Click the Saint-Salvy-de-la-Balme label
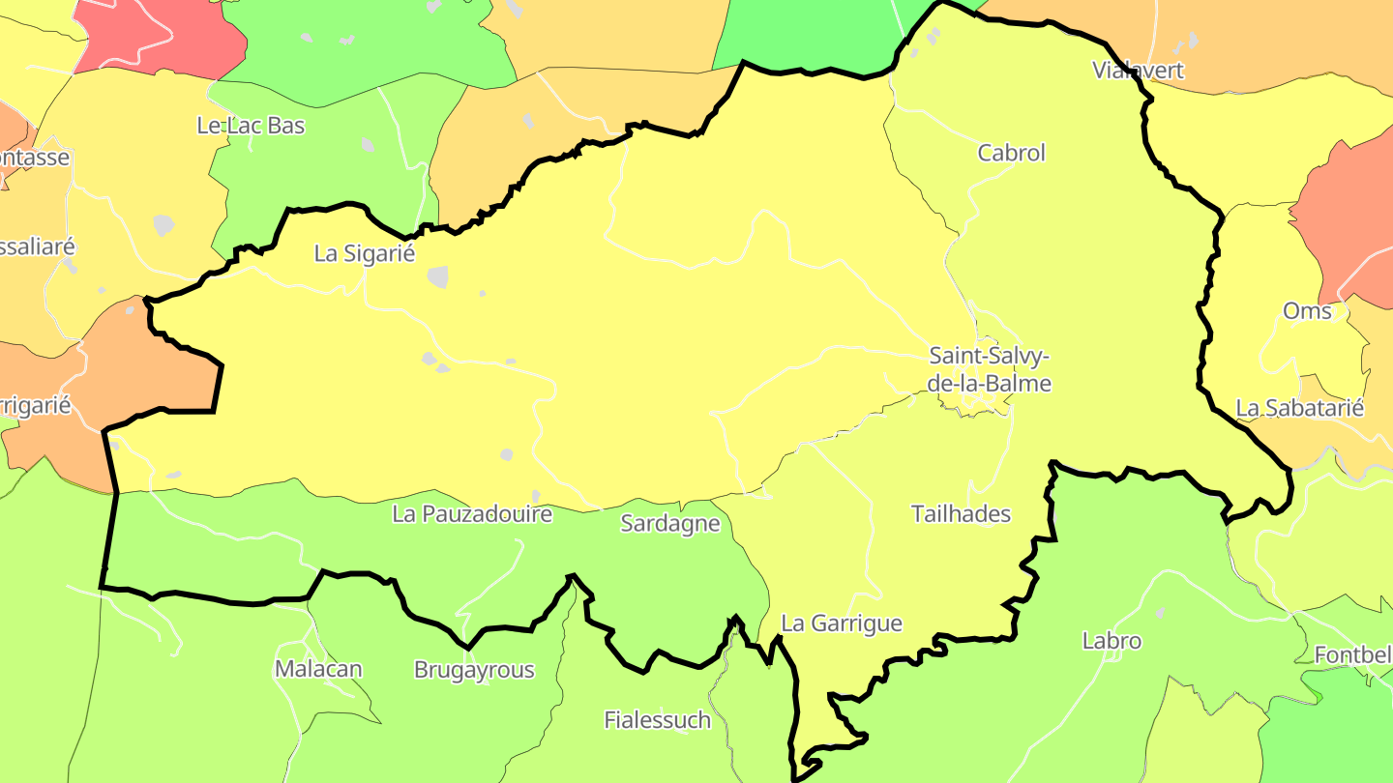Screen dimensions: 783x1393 click(x=990, y=369)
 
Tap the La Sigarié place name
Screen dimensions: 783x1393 click(x=364, y=253)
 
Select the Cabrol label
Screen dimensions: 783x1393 click(x=1011, y=153)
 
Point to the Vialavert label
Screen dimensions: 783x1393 click(x=1138, y=70)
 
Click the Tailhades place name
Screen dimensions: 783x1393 click(x=961, y=514)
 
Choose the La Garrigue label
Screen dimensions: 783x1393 click(x=841, y=623)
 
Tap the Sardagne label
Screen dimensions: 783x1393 click(x=670, y=524)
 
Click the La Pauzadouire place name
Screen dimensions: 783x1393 click(x=472, y=514)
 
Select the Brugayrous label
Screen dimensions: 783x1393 click(x=474, y=670)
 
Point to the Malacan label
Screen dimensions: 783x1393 click(x=318, y=669)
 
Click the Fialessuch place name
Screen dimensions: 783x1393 click(x=657, y=720)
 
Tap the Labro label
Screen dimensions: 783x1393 click(x=1111, y=641)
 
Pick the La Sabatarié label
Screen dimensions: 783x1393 click(x=1299, y=408)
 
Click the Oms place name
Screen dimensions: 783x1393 click(x=1307, y=311)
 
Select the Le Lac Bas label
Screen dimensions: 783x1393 click(x=251, y=126)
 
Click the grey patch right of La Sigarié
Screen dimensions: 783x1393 click(x=438, y=276)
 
